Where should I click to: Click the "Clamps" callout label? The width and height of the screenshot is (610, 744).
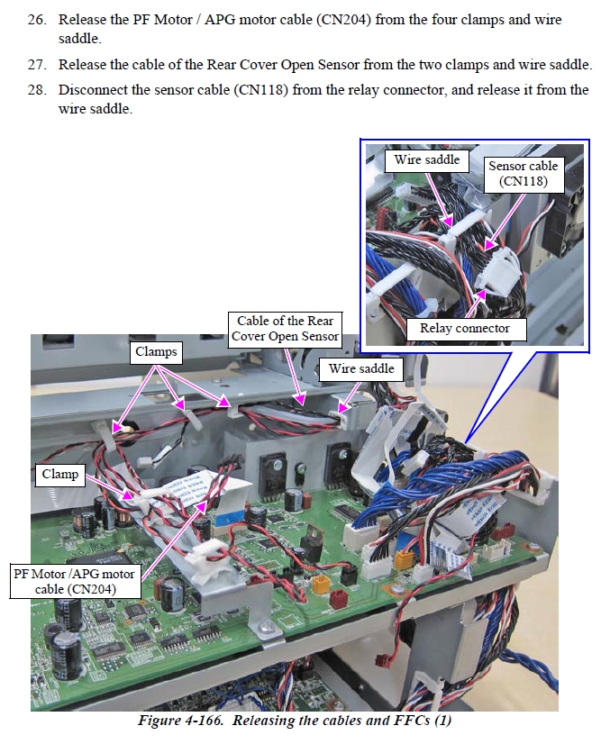156,351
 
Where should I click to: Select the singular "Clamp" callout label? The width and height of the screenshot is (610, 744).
59,474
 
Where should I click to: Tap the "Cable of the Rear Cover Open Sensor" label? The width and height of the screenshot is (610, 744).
285,329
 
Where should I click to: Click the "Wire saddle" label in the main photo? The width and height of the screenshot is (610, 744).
360,368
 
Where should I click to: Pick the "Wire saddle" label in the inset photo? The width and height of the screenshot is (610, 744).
426,160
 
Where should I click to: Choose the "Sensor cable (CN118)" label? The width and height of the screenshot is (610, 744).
524,174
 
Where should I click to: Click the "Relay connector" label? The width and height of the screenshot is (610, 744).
464,328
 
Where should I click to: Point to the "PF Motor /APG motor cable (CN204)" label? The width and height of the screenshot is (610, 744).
74,581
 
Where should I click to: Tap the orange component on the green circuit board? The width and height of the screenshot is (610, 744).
320,583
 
